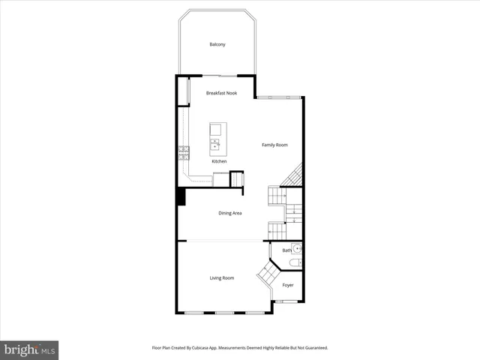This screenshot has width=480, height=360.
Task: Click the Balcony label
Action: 217,45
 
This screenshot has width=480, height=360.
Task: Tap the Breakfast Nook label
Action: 222,93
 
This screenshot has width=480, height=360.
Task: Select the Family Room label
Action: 274,145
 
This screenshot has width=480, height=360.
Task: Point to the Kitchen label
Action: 219,161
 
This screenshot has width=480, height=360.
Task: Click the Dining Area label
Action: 229,213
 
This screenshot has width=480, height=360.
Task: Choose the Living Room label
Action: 222,278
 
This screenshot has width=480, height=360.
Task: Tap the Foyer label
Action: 288,286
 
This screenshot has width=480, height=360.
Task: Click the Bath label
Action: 286,250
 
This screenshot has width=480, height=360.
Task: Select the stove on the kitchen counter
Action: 183,153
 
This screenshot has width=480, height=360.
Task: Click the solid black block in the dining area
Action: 181,196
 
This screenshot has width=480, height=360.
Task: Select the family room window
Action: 279,97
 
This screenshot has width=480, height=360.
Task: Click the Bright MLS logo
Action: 29,349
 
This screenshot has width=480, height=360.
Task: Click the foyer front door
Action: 286,301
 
